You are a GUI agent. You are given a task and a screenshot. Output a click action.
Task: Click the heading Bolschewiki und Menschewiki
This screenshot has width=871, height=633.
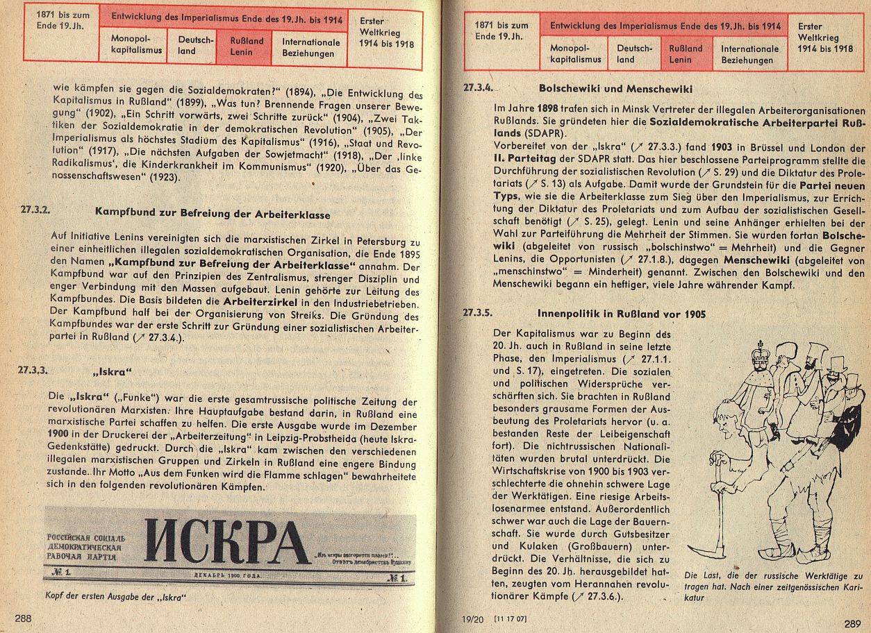point(615,89)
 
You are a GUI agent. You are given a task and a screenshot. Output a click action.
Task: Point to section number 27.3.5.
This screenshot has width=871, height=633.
point(478,313)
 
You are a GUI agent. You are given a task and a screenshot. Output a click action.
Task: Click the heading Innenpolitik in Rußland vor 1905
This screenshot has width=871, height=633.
point(622,314)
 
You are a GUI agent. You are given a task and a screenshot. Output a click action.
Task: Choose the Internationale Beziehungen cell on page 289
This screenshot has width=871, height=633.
point(749,54)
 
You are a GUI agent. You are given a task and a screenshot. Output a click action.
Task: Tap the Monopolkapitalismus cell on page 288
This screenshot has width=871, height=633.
point(136,45)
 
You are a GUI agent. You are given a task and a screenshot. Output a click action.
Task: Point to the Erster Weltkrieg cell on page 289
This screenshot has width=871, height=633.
point(825,37)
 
